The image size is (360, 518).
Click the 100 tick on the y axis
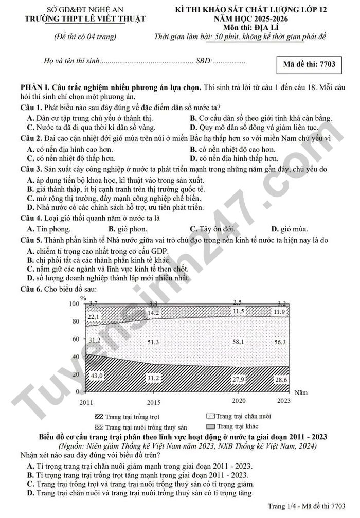(x=75, y=304)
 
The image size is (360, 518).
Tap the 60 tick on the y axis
(x=75, y=339)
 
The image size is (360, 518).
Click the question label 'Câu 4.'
(x=31, y=218)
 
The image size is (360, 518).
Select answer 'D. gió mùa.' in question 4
(x=290, y=229)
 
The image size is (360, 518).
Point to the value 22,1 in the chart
(x=94, y=317)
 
